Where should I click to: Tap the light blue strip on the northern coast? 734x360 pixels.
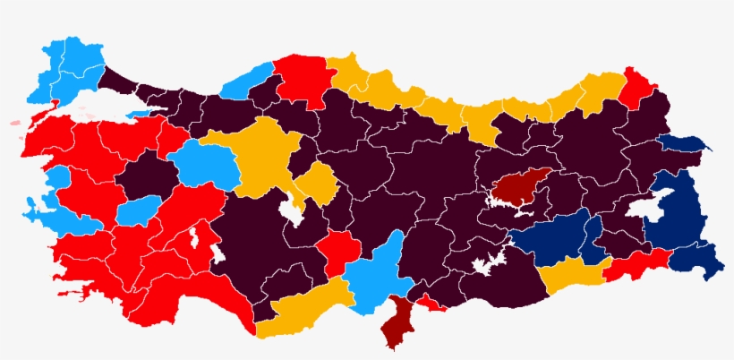tap(247, 81)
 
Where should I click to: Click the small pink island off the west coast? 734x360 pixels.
tap(16, 123)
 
